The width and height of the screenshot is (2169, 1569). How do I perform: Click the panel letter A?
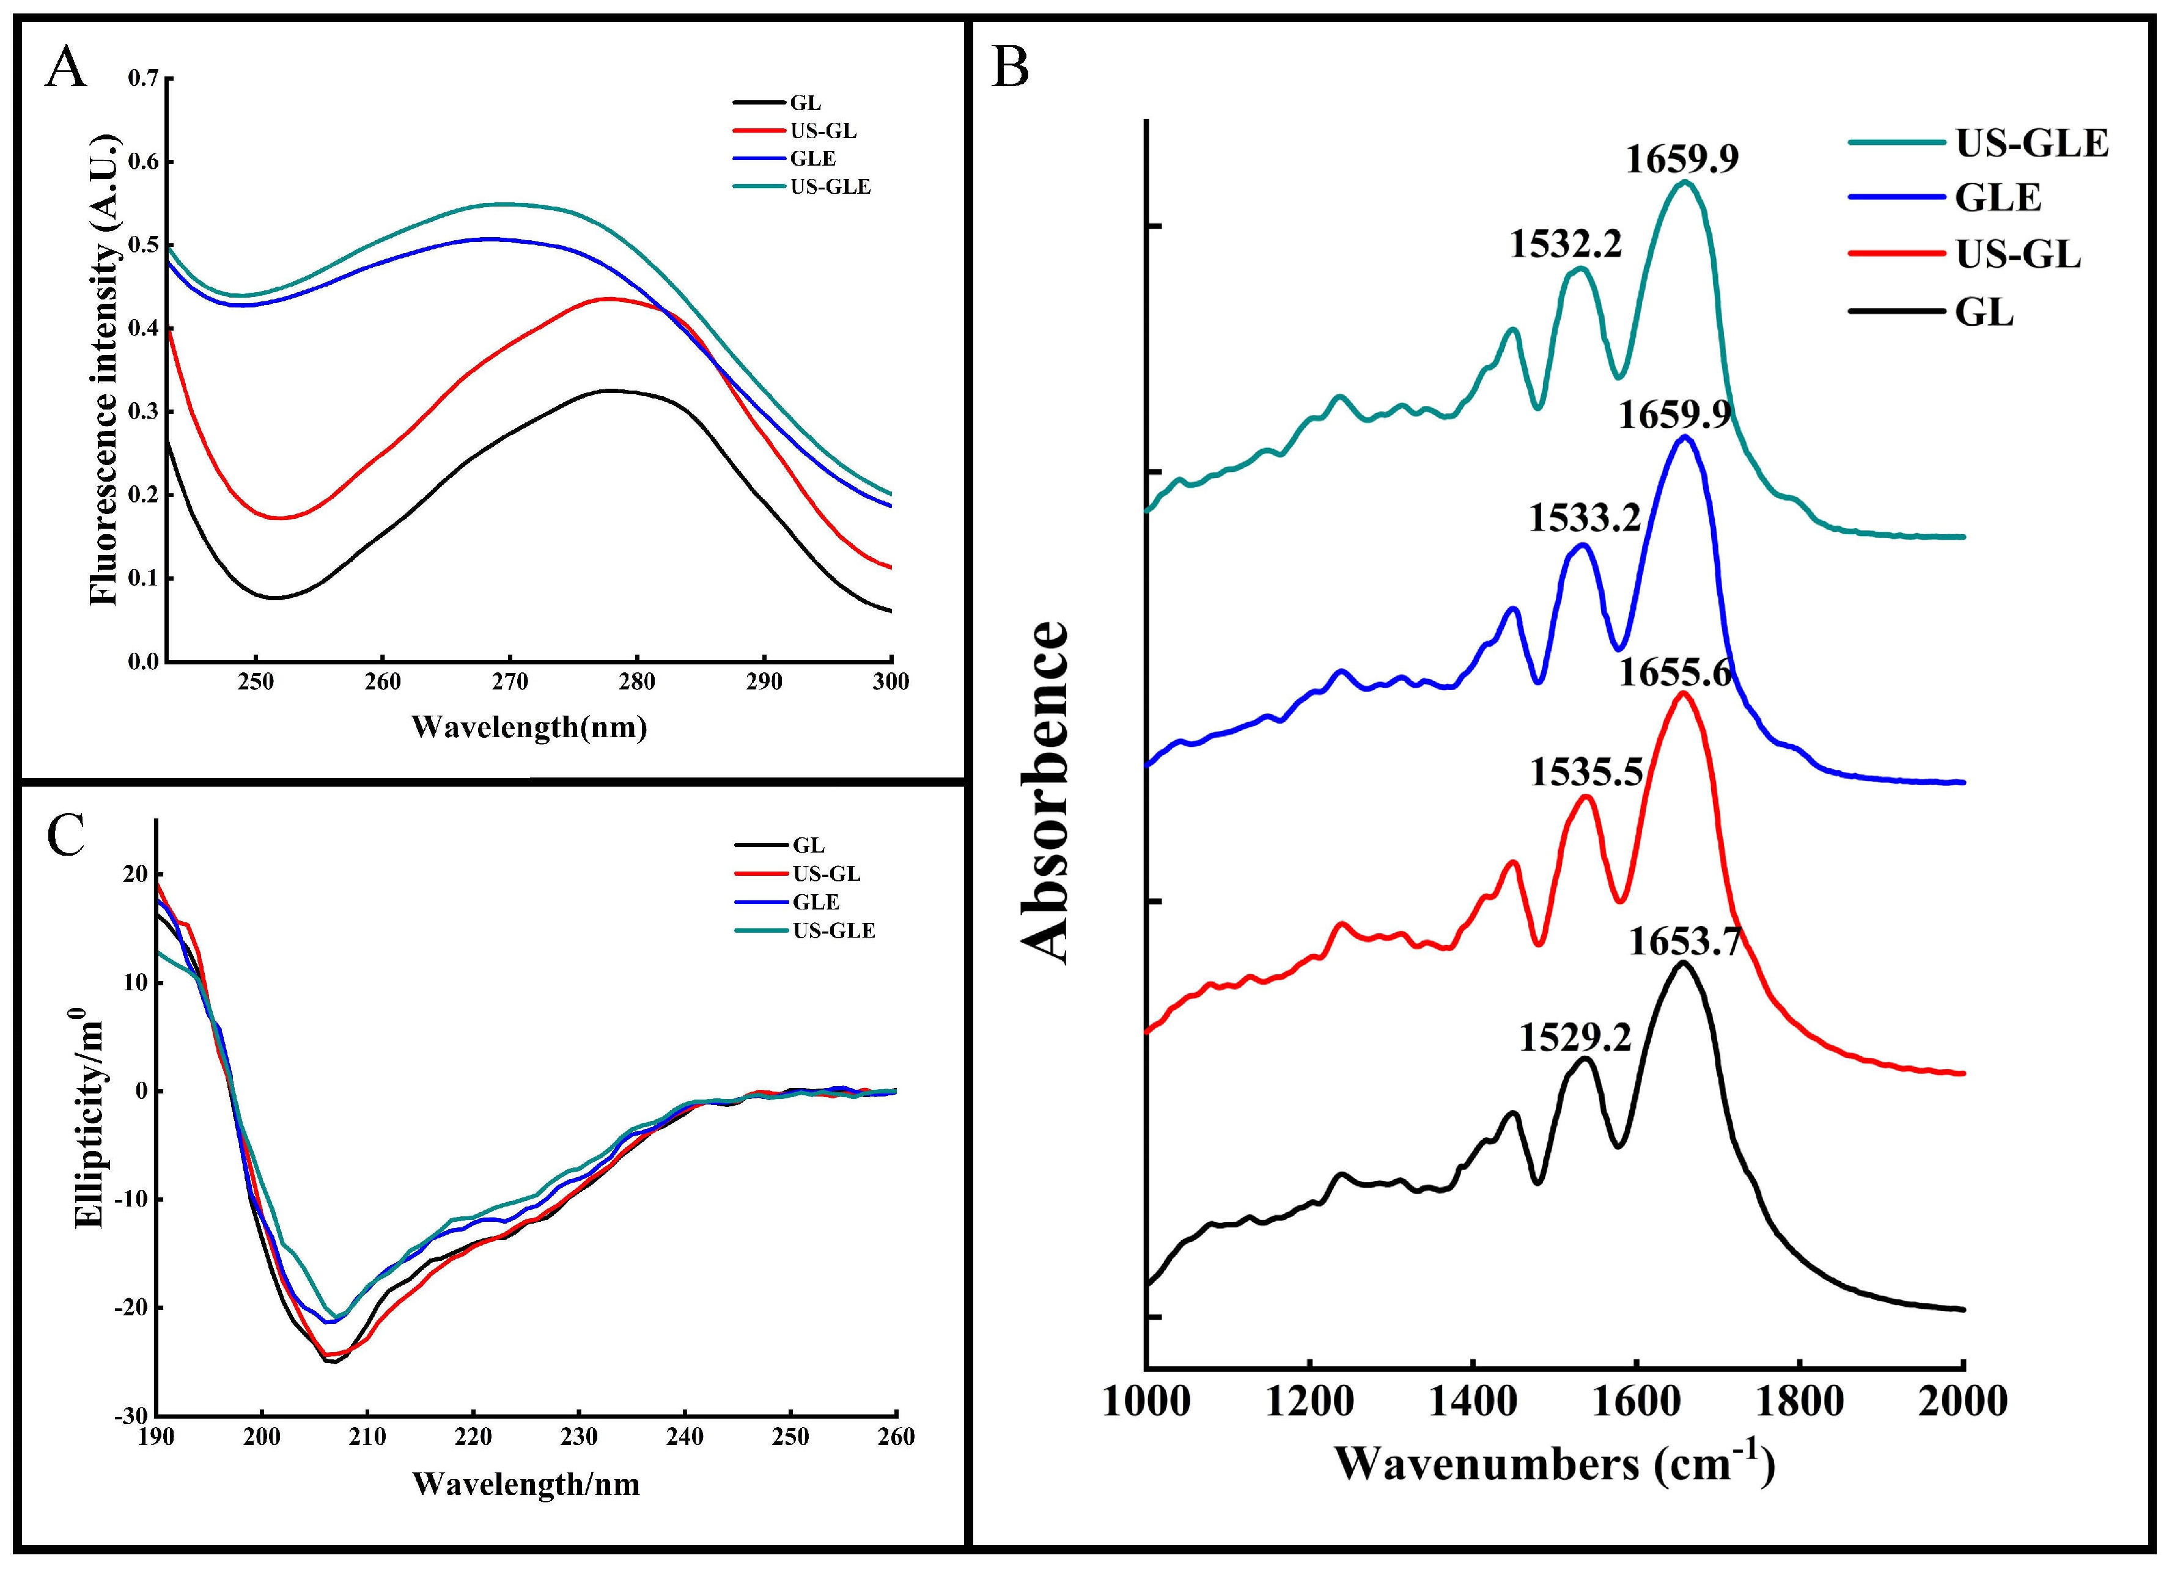tap(65, 70)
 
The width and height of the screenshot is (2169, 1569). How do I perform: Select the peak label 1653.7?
tap(1683, 942)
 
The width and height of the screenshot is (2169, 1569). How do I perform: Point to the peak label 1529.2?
tap(1575, 1037)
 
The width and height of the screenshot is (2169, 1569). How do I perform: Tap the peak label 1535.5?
tap(1586, 771)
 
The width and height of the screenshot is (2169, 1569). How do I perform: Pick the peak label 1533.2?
tap(1584, 519)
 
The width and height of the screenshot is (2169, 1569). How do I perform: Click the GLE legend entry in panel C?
tap(816, 902)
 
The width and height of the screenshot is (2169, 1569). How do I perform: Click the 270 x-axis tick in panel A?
tap(510, 682)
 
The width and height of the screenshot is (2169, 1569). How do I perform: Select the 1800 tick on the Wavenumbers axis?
tap(1799, 1402)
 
